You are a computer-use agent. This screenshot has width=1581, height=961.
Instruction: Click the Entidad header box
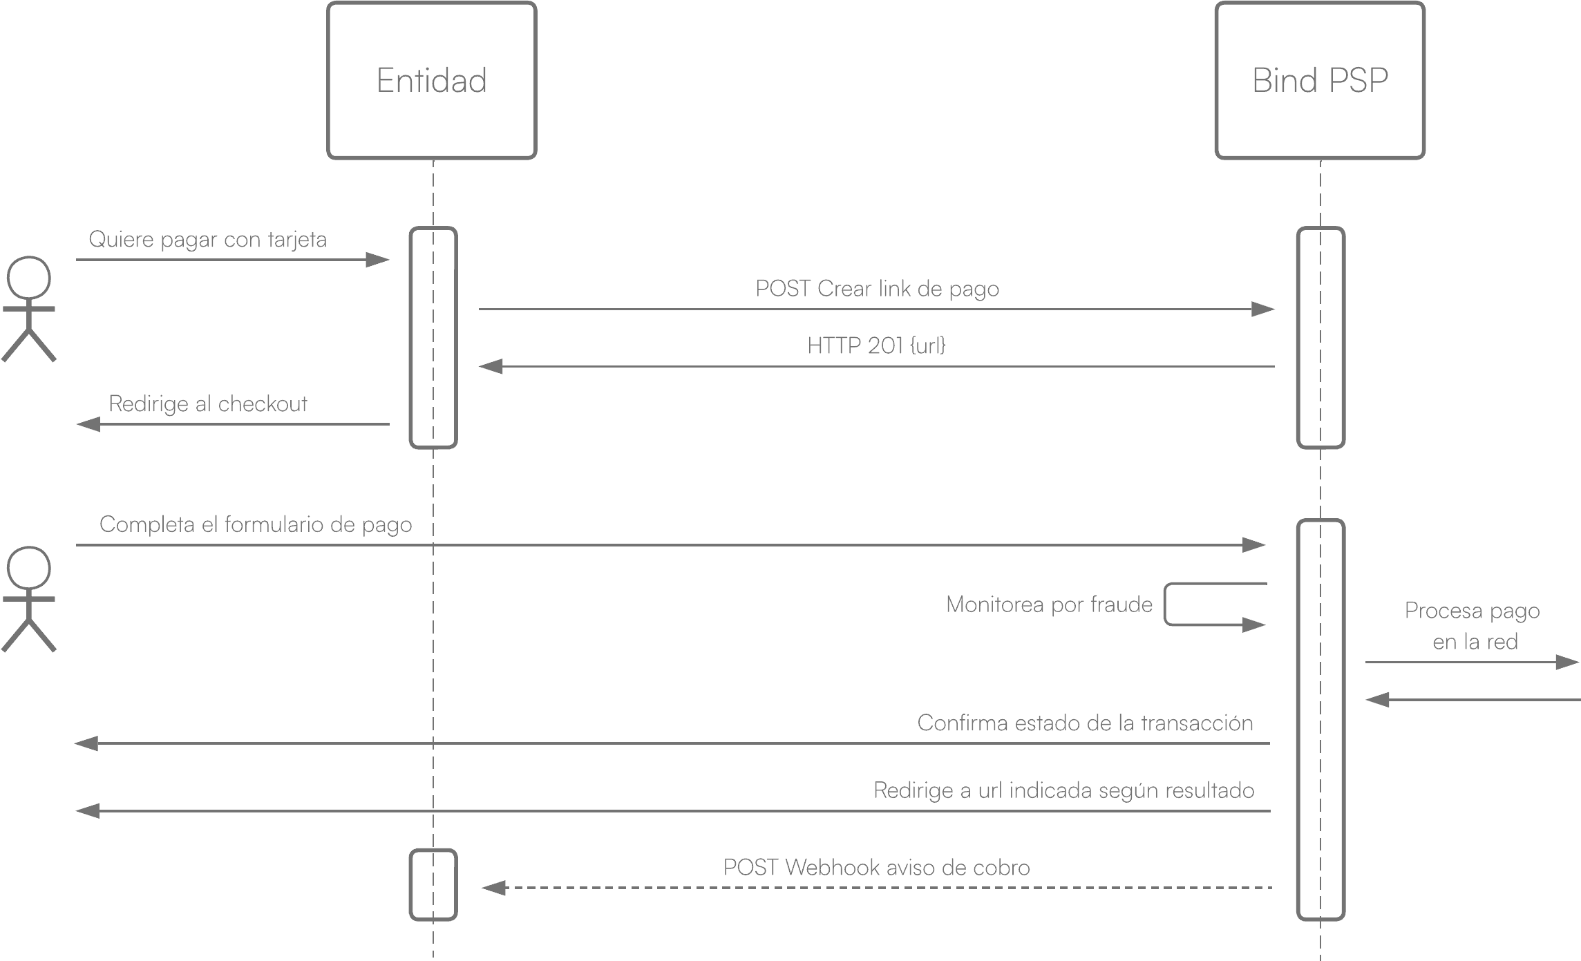pyautogui.click(x=432, y=81)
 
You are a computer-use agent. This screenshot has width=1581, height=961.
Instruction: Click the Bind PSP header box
pyautogui.click(x=1320, y=81)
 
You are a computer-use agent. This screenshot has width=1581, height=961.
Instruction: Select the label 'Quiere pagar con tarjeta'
pyautogui.click(x=208, y=240)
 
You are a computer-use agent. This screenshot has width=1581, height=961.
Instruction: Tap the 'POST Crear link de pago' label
pyautogui.click(x=877, y=289)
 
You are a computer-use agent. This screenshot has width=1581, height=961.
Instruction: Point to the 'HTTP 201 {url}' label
pyautogui.click(x=876, y=345)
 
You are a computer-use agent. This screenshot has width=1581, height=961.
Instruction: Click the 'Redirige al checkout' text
pyautogui.click(x=208, y=404)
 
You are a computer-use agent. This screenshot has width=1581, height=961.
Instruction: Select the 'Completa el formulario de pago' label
pyautogui.click(x=256, y=525)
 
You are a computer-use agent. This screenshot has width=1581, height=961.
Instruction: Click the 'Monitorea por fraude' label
pyautogui.click(x=1049, y=605)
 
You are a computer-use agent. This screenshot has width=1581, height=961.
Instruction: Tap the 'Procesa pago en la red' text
pyautogui.click(x=1473, y=626)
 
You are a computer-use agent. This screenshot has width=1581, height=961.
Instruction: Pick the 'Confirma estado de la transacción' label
pyautogui.click(x=1085, y=723)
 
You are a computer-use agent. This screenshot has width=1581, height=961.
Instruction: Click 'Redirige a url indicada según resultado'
pyautogui.click(x=1064, y=791)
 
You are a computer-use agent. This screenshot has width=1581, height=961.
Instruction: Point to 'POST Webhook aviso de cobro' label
pyautogui.click(x=876, y=868)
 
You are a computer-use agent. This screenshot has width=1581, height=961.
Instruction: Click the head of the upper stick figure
pyautogui.click(x=29, y=278)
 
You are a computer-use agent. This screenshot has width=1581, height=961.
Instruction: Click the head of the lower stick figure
pyautogui.click(x=29, y=569)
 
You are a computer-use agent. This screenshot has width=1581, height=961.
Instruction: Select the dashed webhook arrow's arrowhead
pyautogui.click(x=493, y=888)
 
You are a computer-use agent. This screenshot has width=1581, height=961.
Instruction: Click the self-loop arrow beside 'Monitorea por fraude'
pyautogui.click(x=1165, y=605)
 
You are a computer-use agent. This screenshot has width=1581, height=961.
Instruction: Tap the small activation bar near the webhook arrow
pyautogui.click(x=433, y=885)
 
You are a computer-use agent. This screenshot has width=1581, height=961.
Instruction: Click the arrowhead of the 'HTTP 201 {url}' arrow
pyautogui.click(x=491, y=366)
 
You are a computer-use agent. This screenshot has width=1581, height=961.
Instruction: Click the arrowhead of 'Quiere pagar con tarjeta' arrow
pyautogui.click(x=377, y=260)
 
